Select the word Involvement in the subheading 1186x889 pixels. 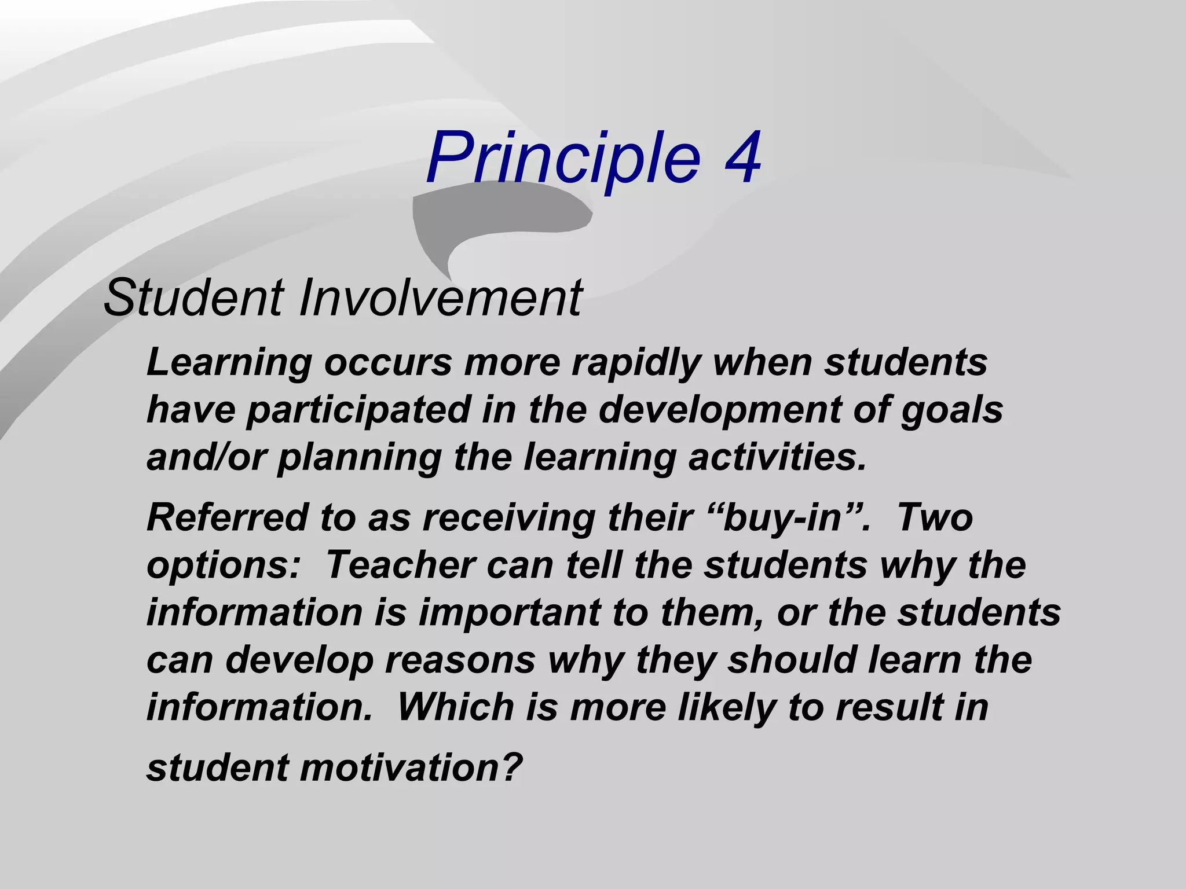440,298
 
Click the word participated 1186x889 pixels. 358,410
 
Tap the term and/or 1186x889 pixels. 206,457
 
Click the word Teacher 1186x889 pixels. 400,564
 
